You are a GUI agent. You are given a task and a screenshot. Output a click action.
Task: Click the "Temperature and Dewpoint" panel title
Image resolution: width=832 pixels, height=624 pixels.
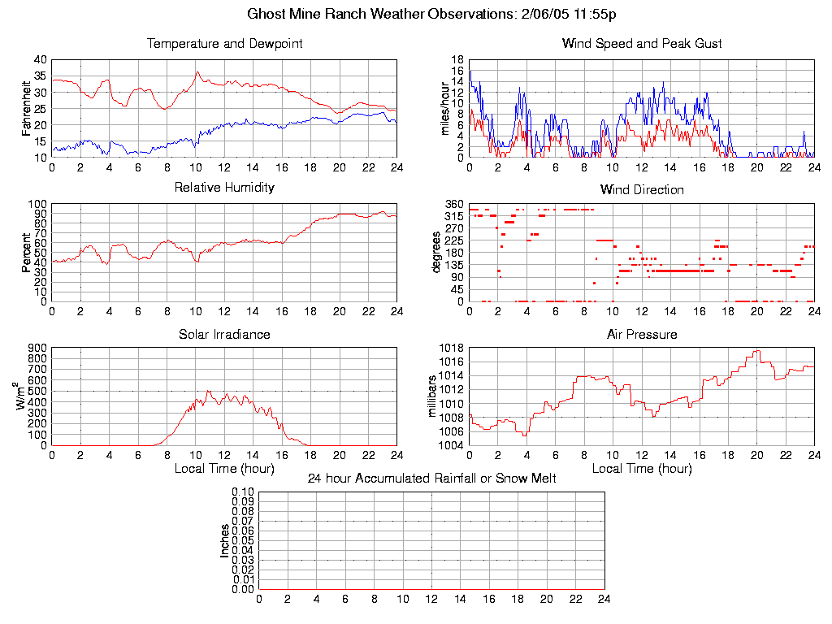[224, 44]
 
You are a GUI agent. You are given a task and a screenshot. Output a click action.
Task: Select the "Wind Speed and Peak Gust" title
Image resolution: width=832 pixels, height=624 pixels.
[642, 44]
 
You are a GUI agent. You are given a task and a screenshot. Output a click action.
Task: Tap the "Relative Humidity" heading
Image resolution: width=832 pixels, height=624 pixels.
[224, 188]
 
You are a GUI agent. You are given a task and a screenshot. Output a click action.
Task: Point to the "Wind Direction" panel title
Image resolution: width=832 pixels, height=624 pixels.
[642, 190]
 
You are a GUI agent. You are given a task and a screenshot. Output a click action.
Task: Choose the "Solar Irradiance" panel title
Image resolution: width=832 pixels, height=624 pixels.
[224, 334]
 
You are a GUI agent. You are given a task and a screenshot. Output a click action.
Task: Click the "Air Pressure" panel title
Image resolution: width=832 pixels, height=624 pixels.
[642, 334]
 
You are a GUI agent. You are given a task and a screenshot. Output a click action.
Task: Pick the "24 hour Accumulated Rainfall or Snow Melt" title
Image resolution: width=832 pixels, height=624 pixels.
[431, 479]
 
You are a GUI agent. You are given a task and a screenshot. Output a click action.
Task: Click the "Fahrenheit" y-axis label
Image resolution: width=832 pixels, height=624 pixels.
[26, 108]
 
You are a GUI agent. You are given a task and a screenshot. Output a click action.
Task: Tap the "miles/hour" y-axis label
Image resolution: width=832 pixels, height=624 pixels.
[444, 108]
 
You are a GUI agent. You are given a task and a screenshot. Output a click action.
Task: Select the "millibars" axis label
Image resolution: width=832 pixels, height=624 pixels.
[433, 396]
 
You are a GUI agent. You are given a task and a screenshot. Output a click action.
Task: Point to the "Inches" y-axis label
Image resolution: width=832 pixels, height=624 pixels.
[225, 540]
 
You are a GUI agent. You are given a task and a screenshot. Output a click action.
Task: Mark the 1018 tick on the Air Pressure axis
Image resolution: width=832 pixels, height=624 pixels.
[453, 348]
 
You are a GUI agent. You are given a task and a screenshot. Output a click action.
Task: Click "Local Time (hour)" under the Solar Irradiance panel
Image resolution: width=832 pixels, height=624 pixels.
[224, 469]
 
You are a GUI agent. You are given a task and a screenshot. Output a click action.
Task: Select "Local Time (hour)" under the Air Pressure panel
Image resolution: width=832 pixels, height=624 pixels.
[642, 469]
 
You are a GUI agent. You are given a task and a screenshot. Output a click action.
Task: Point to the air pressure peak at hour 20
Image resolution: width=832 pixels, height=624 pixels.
[756, 351]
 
